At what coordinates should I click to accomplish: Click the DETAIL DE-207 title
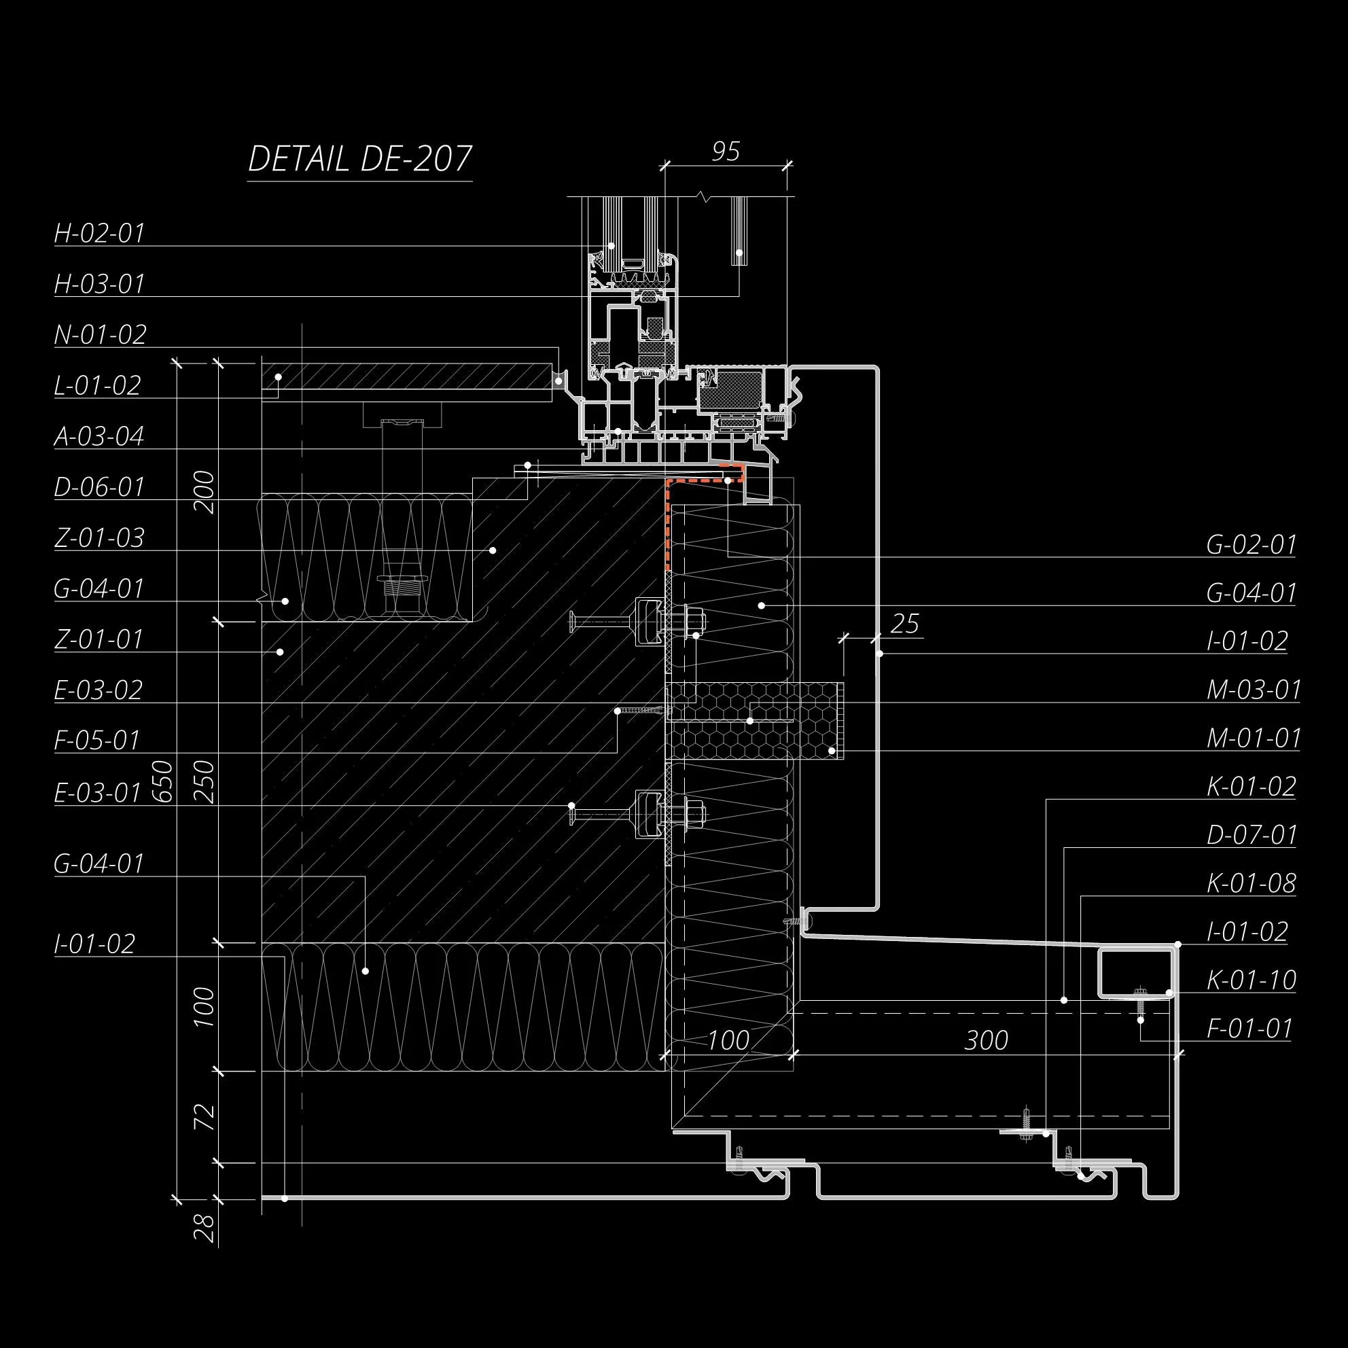(x=360, y=159)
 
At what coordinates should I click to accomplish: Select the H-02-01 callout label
(x=100, y=233)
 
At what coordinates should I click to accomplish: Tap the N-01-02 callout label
(x=101, y=335)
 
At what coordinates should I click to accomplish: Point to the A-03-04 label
(x=99, y=436)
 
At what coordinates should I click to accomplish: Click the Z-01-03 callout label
(x=99, y=538)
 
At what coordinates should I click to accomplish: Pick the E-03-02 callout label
(x=99, y=690)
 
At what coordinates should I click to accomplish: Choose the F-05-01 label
(x=98, y=741)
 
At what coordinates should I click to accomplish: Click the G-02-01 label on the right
(x=1251, y=545)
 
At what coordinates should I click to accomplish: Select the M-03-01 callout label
(x=1254, y=690)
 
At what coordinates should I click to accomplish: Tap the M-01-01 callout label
(x=1254, y=738)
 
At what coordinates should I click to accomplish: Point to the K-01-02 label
(x=1251, y=786)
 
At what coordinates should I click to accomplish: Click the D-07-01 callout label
(x=1252, y=834)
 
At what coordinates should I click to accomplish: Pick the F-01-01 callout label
(x=1249, y=1029)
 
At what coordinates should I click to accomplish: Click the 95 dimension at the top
(x=726, y=152)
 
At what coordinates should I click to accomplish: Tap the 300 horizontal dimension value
(x=987, y=1040)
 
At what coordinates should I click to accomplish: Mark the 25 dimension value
(x=905, y=623)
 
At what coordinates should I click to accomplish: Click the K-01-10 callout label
(x=1252, y=980)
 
